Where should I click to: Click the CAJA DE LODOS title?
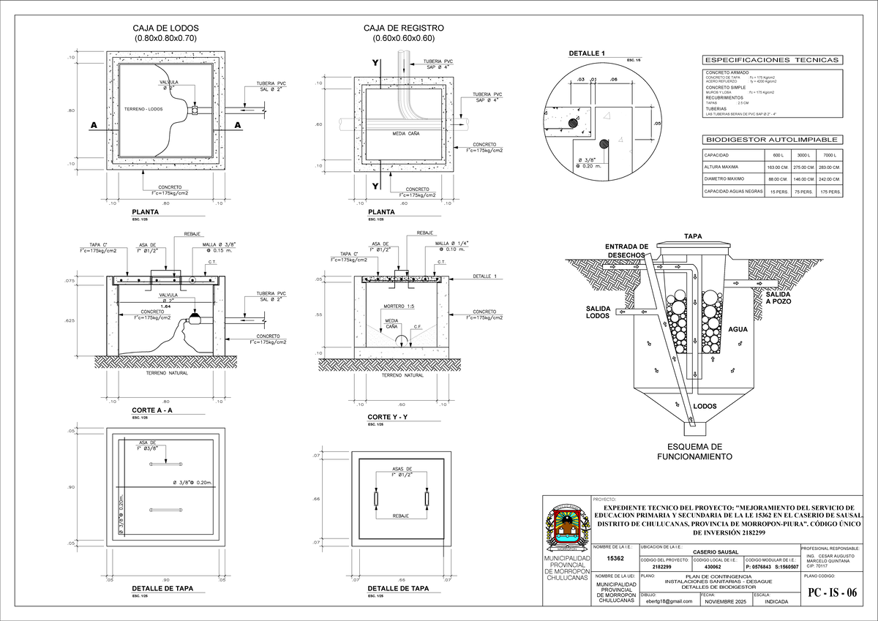pyautogui.click(x=165, y=29)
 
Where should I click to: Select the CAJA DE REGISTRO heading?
pyautogui.click(x=403, y=29)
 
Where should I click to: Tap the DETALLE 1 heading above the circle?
pyautogui.click(x=587, y=54)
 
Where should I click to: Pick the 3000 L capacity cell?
pyautogui.click(x=803, y=156)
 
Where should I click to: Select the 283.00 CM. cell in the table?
pyautogui.click(x=830, y=168)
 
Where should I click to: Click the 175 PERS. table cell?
pyautogui.click(x=830, y=192)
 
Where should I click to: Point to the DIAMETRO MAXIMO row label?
pyautogui.click(x=724, y=179)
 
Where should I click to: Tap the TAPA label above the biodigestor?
pyautogui.click(x=692, y=237)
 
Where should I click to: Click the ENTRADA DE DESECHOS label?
pyautogui.click(x=626, y=250)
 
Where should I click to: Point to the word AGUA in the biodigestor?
pyautogui.click(x=738, y=329)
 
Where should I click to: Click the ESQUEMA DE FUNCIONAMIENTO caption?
pyautogui.click(x=695, y=451)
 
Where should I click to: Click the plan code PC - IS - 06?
pyautogui.click(x=831, y=593)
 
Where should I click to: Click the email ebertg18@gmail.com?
pyautogui.click(x=669, y=601)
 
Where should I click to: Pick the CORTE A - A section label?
pyautogui.click(x=152, y=410)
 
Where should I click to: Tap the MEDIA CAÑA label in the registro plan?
pyautogui.click(x=405, y=134)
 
